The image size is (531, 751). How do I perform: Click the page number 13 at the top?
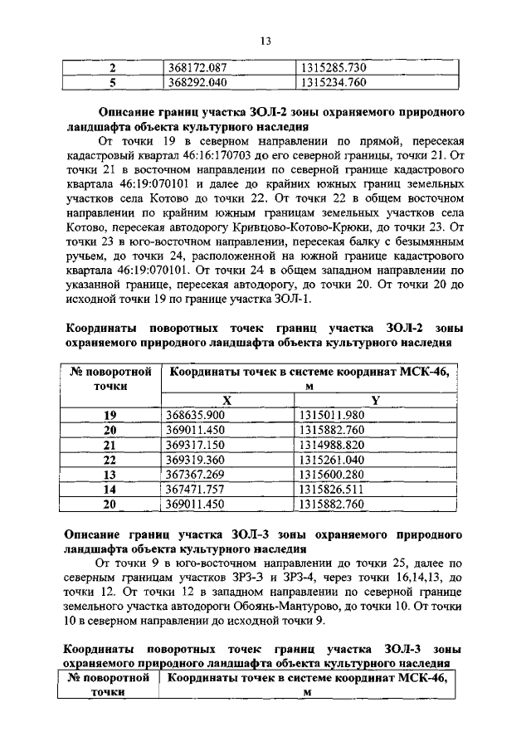266,40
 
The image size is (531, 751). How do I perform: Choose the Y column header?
375,400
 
